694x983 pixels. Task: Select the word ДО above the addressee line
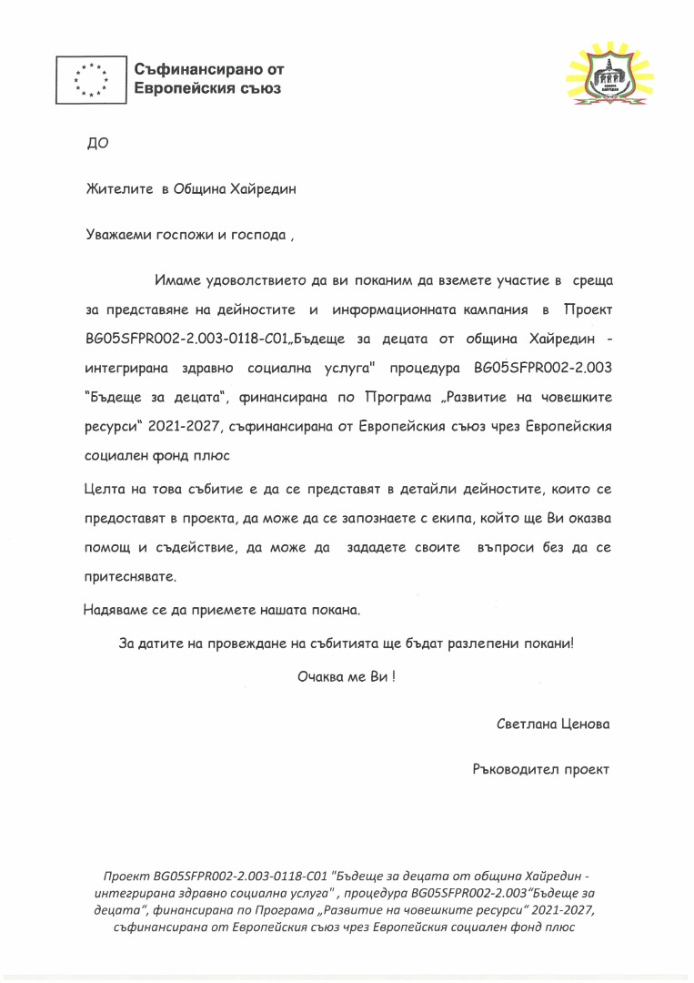[96, 143]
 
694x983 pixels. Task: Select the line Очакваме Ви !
[347, 678]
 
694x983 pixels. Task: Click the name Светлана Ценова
[553, 725]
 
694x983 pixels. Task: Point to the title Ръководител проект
[541, 769]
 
